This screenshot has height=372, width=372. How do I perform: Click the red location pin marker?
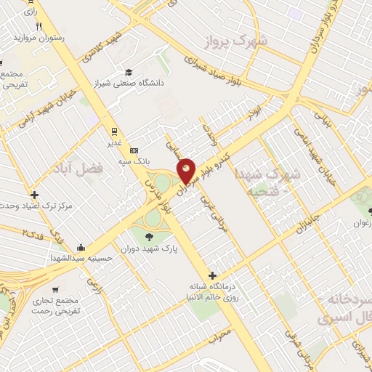pos(187,171)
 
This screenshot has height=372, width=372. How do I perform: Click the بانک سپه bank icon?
pos(133,149)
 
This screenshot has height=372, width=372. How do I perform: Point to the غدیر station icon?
pos(113,132)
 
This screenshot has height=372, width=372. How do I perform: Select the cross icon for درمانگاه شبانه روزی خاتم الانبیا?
pos(212,275)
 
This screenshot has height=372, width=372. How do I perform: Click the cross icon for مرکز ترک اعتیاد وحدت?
pos(34,195)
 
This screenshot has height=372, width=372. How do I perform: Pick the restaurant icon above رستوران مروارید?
pos(49,26)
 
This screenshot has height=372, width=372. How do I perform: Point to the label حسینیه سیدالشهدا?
pos(79,258)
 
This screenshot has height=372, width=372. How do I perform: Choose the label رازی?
pos(30,12)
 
